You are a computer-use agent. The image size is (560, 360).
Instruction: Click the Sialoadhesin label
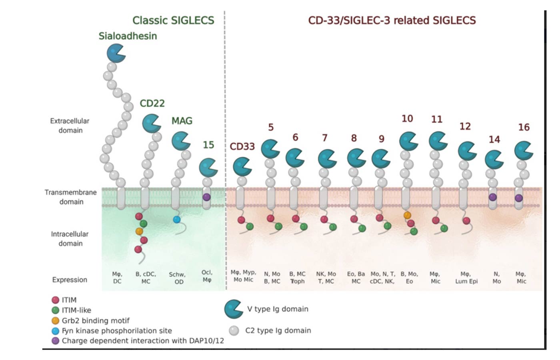click(x=128, y=36)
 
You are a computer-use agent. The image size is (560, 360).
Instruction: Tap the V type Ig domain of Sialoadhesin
click(x=116, y=53)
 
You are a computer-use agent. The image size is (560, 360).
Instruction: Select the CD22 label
click(x=152, y=103)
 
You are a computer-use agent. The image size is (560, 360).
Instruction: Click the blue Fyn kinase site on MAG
click(x=176, y=219)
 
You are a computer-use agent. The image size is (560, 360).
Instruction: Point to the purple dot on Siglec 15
click(x=206, y=197)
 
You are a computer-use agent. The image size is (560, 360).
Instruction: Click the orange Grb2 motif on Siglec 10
click(x=407, y=215)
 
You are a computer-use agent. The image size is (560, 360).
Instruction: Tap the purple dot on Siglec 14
click(x=493, y=197)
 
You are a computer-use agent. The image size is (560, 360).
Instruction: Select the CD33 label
click(x=242, y=146)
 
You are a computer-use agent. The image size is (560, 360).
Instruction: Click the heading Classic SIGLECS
click(x=173, y=20)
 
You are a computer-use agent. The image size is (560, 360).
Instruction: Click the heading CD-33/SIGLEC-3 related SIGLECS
click(x=392, y=20)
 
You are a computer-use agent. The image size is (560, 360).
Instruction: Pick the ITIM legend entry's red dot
click(x=56, y=300)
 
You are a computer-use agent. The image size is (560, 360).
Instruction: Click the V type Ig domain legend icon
click(x=233, y=309)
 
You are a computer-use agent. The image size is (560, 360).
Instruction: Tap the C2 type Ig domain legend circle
click(x=234, y=330)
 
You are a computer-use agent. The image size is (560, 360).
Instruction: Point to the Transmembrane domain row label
click(x=71, y=197)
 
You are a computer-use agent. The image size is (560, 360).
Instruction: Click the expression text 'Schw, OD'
click(x=177, y=278)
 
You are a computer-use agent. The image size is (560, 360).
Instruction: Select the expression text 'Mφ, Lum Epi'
click(x=466, y=278)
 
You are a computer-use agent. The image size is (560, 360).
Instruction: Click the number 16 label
click(x=524, y=127)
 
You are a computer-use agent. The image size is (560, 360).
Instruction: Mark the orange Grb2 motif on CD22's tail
click(x=139, y=231)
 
